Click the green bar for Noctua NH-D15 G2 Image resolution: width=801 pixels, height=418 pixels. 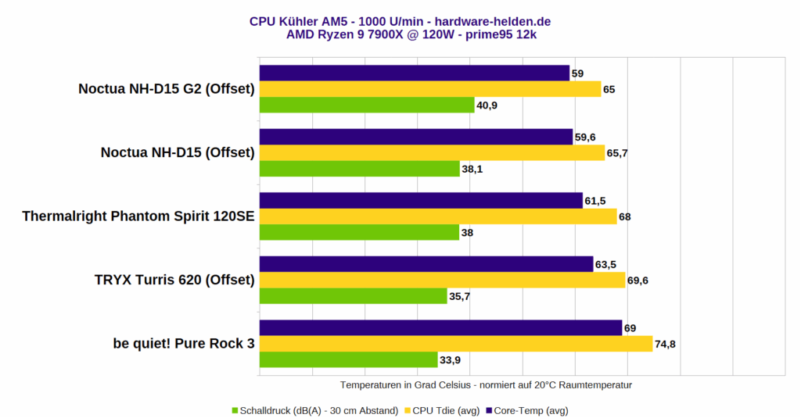point(366,105)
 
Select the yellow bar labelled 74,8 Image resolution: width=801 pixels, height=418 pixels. point(455,344)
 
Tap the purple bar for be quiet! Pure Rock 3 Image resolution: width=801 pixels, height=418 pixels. point(440,327)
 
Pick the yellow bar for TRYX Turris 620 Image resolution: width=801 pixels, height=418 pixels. point(442,280)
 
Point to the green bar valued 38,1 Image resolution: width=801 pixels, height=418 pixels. point(359,169)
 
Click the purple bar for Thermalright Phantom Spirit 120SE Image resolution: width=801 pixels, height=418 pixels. point(421,201)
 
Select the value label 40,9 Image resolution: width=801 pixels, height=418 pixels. point(488,105)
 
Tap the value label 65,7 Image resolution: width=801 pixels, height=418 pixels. point(617,153)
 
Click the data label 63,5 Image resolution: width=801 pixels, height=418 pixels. point(606,264)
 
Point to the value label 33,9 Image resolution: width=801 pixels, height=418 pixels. point(451,360)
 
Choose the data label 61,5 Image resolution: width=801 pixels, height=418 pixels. point(595,201)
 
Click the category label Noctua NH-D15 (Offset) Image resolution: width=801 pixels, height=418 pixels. point(178,152)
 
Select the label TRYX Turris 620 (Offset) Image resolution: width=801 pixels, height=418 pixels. point(174,280)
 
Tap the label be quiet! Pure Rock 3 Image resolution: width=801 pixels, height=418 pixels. point(184,343)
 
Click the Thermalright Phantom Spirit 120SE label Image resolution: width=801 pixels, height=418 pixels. point(138,216)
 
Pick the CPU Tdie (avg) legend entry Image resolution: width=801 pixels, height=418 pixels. point(444,409)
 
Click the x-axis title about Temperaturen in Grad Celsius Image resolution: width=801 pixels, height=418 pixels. point(486,385)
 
